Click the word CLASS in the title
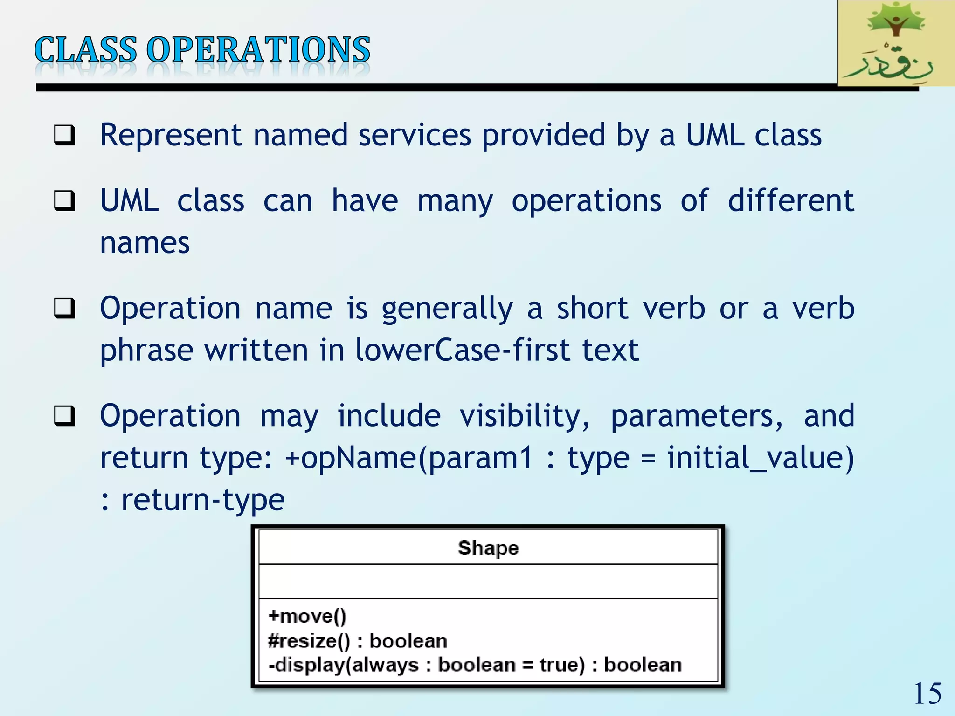pyautogui.click(x=86, y=50)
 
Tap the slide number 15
pyautogui.click(x=927, y=694)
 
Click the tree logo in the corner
pyautogui.click(x=895, y=43)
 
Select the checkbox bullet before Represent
pyautogui.click(x=64, y=136)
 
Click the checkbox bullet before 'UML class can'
pyautogui.click(x=64, y=201)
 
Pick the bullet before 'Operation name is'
pyautogui.click(x=64, y=309)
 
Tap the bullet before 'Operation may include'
pyautogui.click(x=64, y=416)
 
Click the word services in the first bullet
pyautogui.click(x=415, y=135)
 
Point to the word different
pyautogui.click(x=791, y=200)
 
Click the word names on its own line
pyautogui.click(x=145, y=243)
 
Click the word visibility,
pyautogui.click(x=525, y=416)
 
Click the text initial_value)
pyautogui.click(x=761, y=458)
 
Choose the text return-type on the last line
pyautogui.click(x=203, y=500)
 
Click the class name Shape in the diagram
pyautogui.click(x=488, y=548)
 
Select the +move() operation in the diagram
pyautogui.click(x=307, y=616)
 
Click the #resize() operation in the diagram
pyautogui.click(x=309, y=641)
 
